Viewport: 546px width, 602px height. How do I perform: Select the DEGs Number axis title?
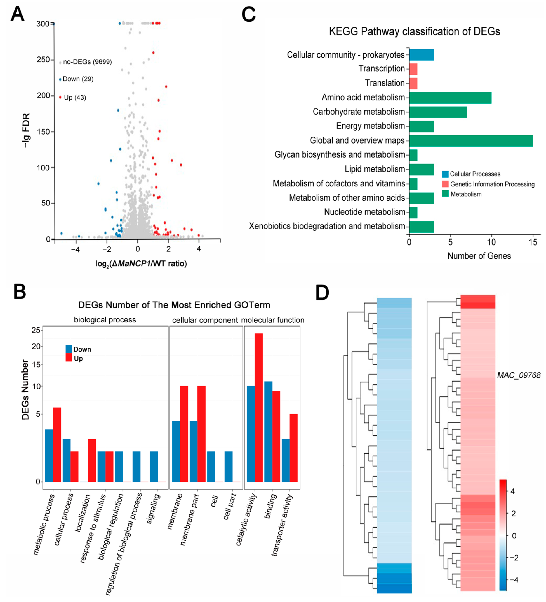pyautogui.click(x=26, y=390)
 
